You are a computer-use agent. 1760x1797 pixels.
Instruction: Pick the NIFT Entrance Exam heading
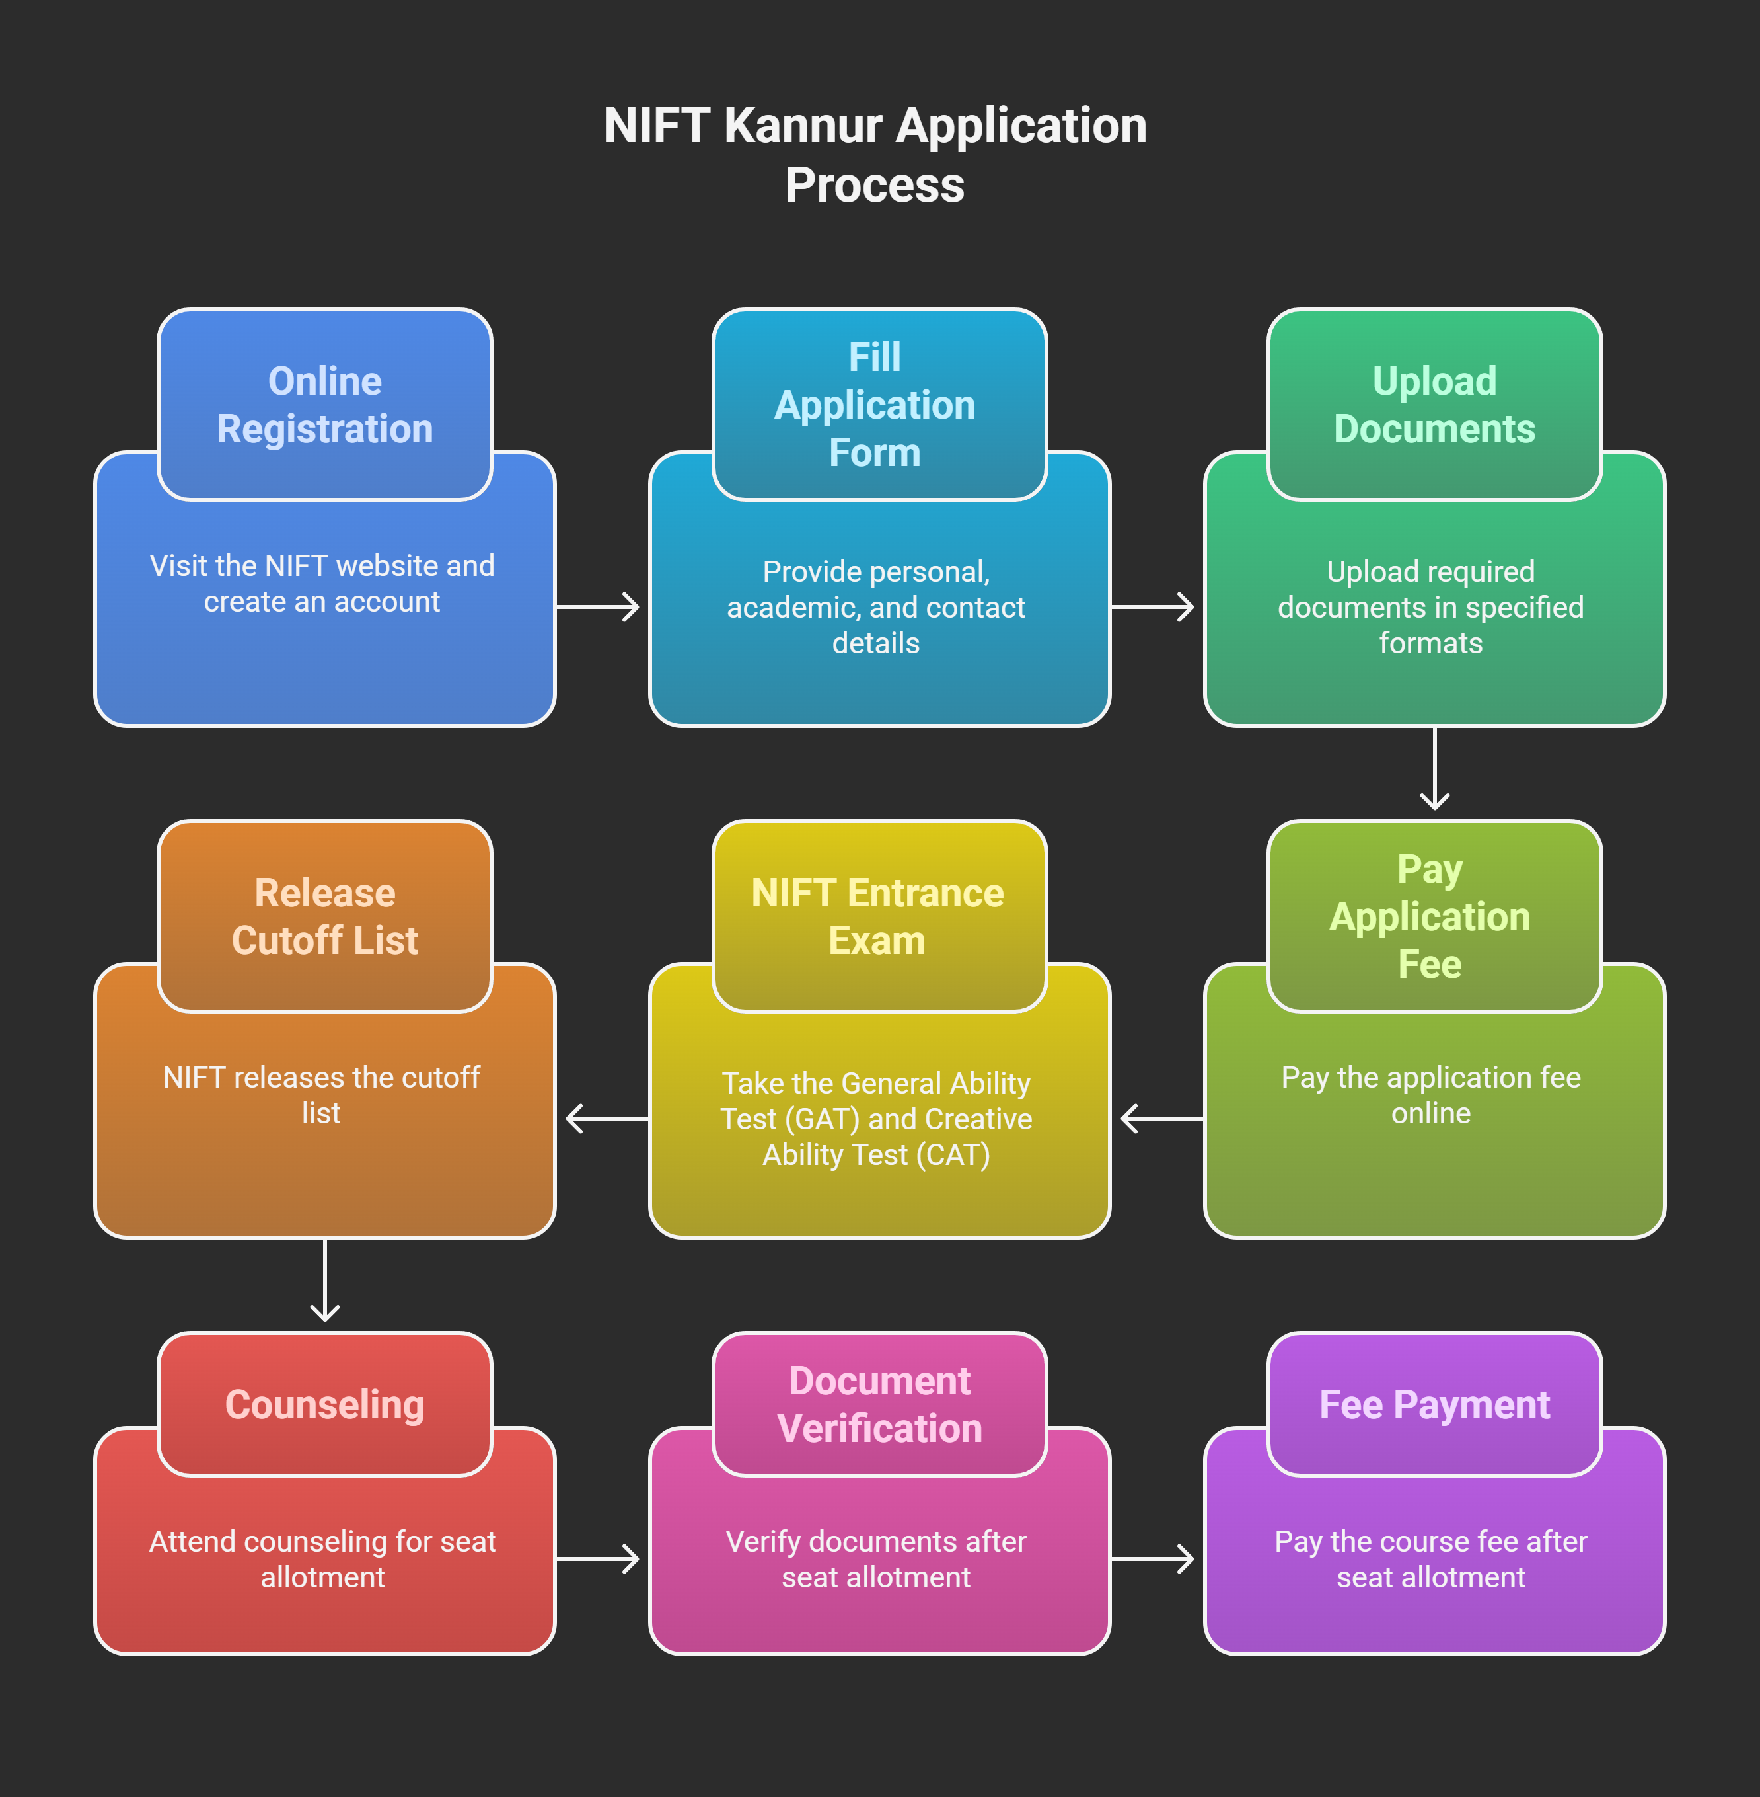point(878,916)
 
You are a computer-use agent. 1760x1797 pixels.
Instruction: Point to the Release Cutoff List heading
point(324,916)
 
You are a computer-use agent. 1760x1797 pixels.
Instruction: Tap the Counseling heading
point(324,1404)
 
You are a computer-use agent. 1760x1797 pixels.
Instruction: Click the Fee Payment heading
point(1434,1404)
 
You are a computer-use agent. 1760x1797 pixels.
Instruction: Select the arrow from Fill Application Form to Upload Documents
point(1154,607)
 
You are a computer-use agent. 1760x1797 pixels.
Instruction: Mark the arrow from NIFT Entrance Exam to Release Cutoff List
point(606,1118)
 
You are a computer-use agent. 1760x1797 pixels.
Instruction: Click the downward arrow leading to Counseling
point(324,1281)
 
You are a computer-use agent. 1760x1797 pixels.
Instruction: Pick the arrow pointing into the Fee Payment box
point(1154,1558)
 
